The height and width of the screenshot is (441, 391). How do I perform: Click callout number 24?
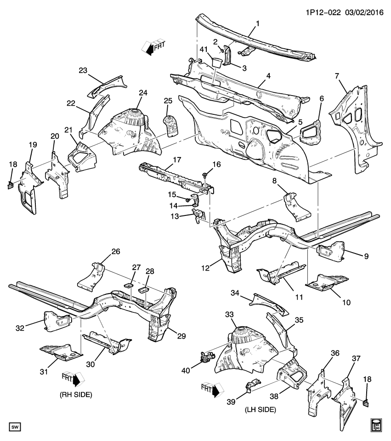point(143,92)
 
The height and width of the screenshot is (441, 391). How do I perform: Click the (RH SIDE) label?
point(76,395)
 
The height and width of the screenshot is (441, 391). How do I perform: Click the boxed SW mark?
point(15,428)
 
